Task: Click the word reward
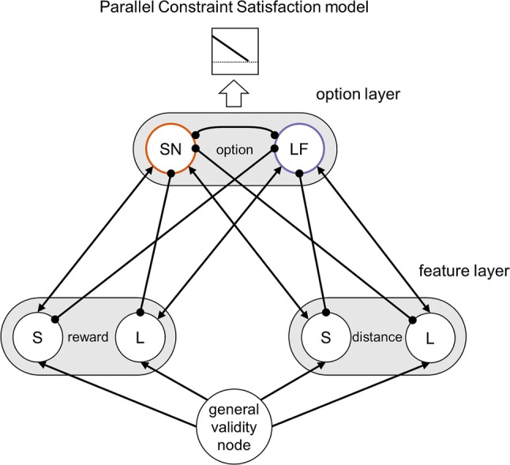coord(88,337)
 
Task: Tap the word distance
coord(377,337)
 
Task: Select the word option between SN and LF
coord(234,150)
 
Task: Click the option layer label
coord(358,94)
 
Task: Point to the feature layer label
coord(463,271)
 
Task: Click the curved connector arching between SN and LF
coord(234,128)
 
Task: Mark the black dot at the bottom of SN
coord(171,174)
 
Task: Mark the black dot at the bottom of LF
coord(299,174)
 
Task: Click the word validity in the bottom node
coord(234,427)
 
